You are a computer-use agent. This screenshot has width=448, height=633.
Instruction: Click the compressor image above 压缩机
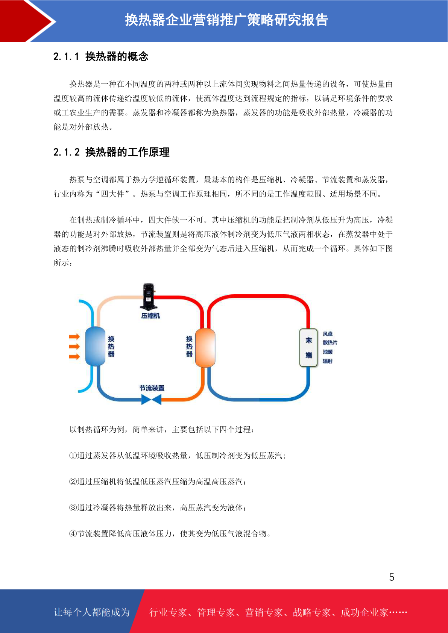[148, 296]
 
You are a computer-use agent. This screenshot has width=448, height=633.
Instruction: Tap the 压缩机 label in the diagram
[150, 316]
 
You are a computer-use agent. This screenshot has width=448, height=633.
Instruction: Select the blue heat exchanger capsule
[95, 346]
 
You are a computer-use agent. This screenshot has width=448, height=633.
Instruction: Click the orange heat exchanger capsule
[205, 348]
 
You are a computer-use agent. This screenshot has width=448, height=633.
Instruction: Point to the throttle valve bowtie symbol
[151, 399]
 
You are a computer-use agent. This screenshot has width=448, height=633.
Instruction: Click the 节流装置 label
[152, 388]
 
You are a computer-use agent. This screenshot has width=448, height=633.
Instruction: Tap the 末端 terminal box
[308, 348]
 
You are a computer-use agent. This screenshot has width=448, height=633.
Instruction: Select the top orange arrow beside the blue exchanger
[74, 336]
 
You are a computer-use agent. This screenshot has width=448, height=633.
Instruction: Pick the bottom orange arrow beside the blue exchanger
[74, 357]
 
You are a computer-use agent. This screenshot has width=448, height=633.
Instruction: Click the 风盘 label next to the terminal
[328, 334]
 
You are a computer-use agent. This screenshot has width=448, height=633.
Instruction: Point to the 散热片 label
[330, 342]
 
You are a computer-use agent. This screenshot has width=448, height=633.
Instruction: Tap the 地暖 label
[328, 352]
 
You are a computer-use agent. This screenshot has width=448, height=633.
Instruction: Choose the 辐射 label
[328, 361]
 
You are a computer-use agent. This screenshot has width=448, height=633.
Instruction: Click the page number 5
[392, 577]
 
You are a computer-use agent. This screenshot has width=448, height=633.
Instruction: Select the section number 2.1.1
[66, 56]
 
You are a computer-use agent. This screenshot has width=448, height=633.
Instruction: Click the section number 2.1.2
[66, 152]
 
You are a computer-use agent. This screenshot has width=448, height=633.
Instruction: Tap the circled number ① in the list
[73, 456]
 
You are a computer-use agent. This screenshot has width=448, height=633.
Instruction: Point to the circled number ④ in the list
[73, 533]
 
